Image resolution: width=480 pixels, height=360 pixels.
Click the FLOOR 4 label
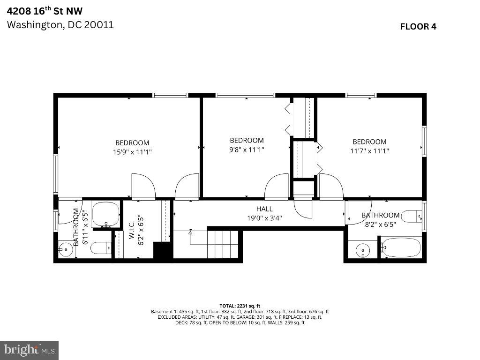point(418,27)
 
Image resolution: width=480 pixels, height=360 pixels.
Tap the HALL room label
point(264,209)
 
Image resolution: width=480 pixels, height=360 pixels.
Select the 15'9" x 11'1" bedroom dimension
point(132,152)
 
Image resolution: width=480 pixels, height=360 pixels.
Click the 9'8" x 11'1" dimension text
point(247,150)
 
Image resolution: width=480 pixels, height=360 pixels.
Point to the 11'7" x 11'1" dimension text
point(369,150)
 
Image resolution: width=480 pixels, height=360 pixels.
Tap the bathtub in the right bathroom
point(401,247)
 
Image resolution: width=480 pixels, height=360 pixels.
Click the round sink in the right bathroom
point(363,250)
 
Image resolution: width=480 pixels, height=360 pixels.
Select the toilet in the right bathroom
point(412,217)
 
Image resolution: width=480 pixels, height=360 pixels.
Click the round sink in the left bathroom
point(65,249)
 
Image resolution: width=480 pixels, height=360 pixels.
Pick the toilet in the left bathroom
point(101,247)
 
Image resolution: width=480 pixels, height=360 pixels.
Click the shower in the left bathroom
point(105,214)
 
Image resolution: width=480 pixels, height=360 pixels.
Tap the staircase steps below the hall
point(223,244)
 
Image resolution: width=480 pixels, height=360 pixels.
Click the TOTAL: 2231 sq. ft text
point(240,306)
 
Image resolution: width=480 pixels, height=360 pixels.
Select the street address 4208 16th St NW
point(45,11)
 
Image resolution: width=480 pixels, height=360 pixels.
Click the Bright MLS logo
point(29,350)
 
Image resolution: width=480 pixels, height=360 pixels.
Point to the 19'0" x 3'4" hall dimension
point(264,218)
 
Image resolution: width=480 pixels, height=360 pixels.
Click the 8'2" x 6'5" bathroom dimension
point(380,225)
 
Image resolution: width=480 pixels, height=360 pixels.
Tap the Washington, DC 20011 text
point(60,25)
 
